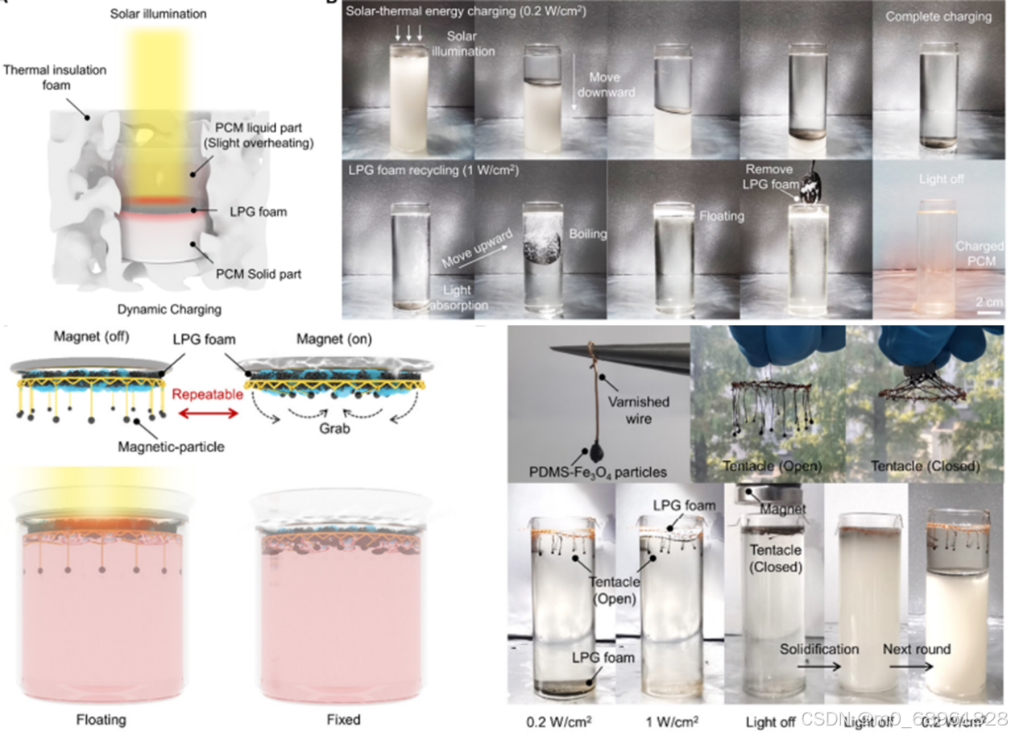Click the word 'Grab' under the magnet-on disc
(333, 428)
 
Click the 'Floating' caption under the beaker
(102, 718)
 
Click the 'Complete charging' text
(938, 17)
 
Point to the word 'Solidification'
(819, 649)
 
